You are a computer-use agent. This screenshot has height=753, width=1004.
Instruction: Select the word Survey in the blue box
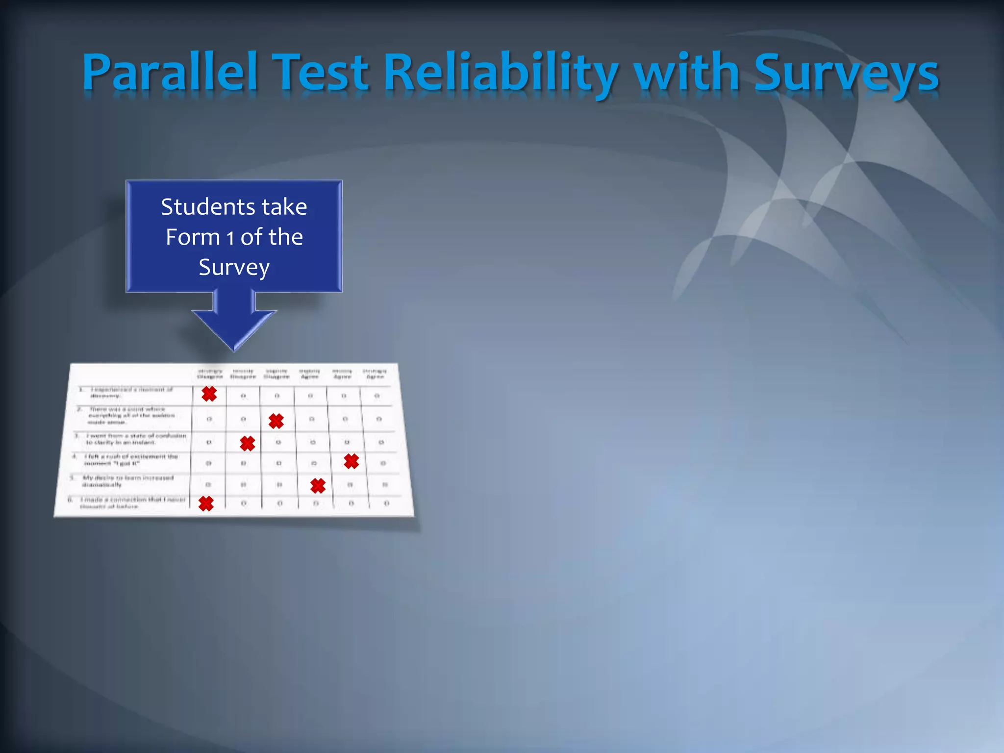point(234,268)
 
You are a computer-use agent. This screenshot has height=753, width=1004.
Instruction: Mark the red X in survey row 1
point(209,394)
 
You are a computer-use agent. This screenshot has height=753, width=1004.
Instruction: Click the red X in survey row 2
point(276,421)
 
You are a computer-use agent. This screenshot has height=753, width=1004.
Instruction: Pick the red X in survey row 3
point(248,443)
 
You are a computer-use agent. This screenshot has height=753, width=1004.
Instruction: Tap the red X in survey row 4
point(351,461)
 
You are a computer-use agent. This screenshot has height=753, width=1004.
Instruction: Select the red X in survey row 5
point(318,485)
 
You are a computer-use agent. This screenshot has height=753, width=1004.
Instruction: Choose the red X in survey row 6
point(206,503)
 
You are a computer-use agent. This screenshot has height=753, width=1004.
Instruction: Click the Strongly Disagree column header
point(210,374)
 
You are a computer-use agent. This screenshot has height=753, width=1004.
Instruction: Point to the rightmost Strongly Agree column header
point(375,374)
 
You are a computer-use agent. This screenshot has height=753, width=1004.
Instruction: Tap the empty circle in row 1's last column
point(377,396)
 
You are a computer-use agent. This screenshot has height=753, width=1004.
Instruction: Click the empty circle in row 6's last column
point(386,503)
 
